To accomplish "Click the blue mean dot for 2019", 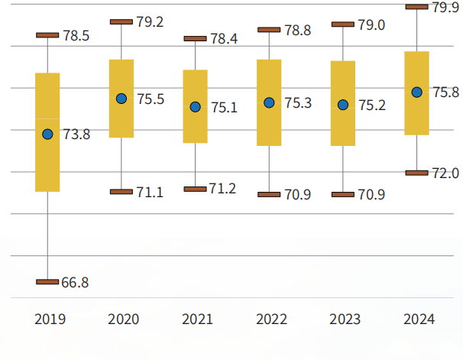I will [x=47, y=134].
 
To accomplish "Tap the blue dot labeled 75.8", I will [x=416, y=92].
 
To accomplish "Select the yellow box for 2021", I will [x=195, y=106].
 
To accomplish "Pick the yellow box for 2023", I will [x=342, y=103].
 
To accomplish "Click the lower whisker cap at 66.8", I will [x=47, y=282].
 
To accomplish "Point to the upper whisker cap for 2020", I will [x=121, y=21].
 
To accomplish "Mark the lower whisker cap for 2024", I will [x=416, y=173].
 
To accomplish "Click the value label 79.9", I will [x=445, y=8].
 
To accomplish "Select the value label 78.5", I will [x=76, y=35].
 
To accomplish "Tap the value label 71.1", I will [x=150, y=192].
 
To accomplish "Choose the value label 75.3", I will [x=297, y=102].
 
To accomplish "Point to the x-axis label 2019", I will [x=50, y=319].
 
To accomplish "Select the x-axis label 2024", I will [x=419, y=319].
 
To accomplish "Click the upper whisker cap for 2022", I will [x=269, y=30].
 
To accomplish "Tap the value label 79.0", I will [x=371, y=25].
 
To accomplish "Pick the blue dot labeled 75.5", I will [x=121, y=99].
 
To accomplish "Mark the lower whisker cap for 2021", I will [x=195, y=188].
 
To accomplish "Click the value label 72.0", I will [x=445, y=174].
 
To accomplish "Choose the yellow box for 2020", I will [x=121, y=99].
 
